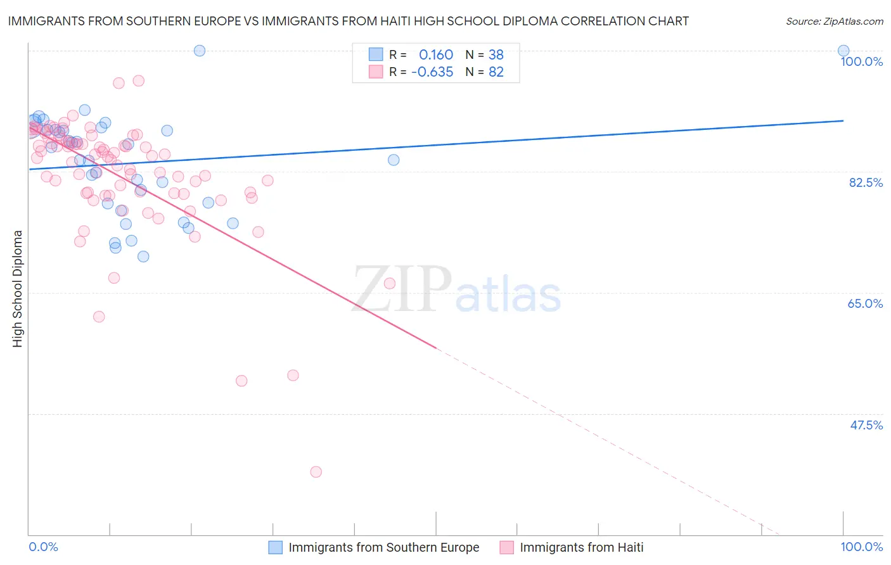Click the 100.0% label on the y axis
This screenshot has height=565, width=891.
pos(861,61)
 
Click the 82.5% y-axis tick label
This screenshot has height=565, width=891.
pos(866,182)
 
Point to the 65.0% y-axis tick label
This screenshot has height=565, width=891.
pos(865,303)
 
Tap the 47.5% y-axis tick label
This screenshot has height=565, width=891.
pos(866,425)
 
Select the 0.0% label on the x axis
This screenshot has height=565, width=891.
pos(44,547)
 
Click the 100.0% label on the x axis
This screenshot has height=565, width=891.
pos(861,547)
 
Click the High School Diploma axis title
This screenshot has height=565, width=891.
pos(17,288)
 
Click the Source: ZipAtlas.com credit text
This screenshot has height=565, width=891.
pos(834,21)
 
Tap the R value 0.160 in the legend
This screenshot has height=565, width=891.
pos(436,54)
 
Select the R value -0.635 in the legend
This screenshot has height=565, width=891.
pos(432,72)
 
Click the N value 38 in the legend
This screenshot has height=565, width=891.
pos(496,54)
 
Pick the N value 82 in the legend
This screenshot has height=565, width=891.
pos(496,72)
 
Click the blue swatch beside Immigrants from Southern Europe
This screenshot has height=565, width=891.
pos(275,547)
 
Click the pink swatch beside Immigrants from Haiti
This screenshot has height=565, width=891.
pos(506,547)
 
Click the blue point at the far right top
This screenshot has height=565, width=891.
pos(843,51)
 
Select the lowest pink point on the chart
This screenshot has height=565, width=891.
pos(316,472)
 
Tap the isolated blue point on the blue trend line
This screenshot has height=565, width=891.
pos(394,160)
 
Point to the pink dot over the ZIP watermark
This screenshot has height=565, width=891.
pos(390,283)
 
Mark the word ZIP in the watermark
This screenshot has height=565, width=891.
pos(402,289)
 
